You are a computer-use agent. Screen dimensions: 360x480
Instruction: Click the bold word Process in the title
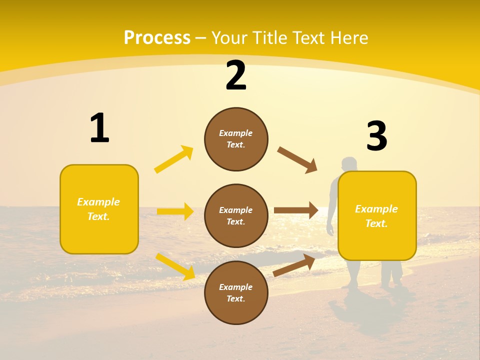pos(157,38)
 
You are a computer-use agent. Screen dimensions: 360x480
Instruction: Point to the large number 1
pos(99,128)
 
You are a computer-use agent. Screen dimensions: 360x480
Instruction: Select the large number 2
pos(236,75)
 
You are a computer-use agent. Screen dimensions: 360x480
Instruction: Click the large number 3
pos(376,136)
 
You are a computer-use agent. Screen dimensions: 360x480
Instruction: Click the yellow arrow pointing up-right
pos(173,159)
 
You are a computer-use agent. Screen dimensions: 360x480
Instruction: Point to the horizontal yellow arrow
pos(175,211)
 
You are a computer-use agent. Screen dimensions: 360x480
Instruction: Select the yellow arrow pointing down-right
pos(175,266)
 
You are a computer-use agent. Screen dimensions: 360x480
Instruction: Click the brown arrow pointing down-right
pos(297,160)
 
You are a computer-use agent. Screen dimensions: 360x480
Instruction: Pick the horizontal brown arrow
pos(296,210)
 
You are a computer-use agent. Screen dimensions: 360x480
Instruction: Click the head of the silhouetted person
pos(348,164)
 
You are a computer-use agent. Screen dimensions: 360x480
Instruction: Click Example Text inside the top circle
pos(236,139)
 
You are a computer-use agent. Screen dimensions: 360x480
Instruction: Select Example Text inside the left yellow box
pos(99,209)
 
